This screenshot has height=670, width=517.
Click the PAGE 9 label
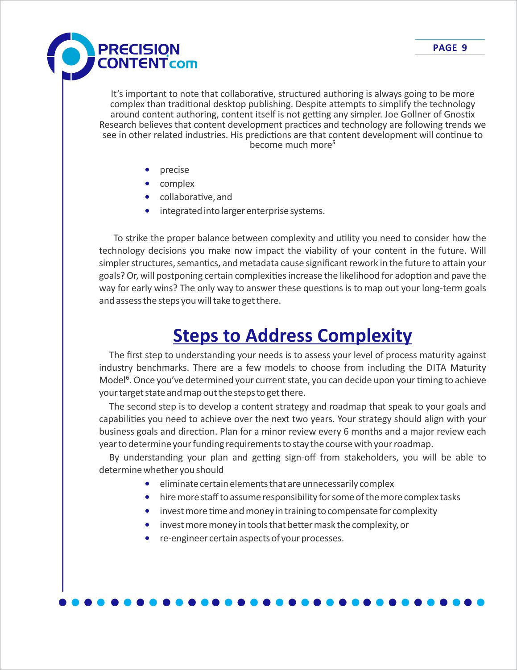tap(450, 48)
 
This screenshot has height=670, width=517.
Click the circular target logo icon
tap(70, 57)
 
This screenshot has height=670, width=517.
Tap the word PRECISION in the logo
tap(138, 49)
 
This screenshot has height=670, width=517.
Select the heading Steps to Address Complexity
tap(292, 336)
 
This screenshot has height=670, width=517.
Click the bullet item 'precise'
tap(174, 170)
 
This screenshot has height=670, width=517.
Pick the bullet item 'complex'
tap(177, 184)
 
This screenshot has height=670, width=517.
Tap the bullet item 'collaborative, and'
tap(196, 197)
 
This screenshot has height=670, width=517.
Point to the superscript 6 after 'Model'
tap(127, 378)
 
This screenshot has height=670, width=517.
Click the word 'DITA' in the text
tap(436, 368)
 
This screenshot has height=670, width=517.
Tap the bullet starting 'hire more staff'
tap(310, 497)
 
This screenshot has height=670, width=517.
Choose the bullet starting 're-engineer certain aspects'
tap(252, 538)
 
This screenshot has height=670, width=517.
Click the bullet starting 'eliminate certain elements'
tap(277, 484)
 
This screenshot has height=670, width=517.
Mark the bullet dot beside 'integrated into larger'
tap(147, 211)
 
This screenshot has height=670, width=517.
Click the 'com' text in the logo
tap(183, 63)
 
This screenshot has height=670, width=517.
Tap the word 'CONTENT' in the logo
tap(132, 63)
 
